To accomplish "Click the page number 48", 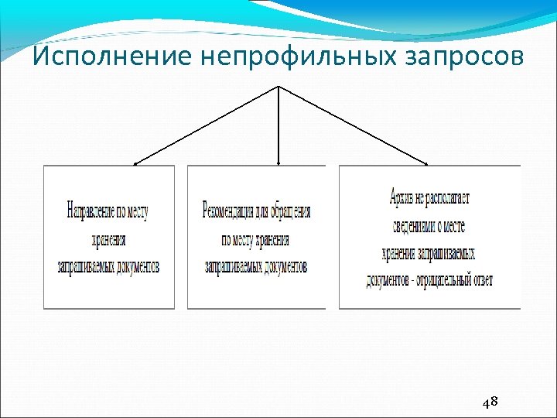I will point(489,403).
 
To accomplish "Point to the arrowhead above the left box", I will point(136,163).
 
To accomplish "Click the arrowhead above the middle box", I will point(278,163).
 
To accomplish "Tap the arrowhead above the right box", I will point(425,163).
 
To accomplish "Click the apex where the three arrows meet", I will point(278,86).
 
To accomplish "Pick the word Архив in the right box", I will point(402,197).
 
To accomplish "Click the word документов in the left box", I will point(135,267).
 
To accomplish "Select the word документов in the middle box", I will point(282,267).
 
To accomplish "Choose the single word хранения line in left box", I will point(108,240).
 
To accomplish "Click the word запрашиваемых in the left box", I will point(83,267).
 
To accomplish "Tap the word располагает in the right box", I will point(448,197).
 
